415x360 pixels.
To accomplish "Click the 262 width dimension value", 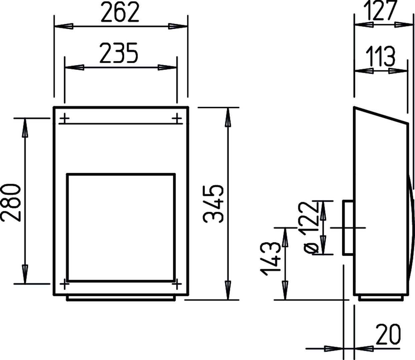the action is coord(120,12).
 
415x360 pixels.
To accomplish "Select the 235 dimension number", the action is coord(119,53).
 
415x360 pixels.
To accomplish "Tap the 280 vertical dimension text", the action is coord(11,202).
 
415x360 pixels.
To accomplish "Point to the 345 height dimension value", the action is coord(213,203).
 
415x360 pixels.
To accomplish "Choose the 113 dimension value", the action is coord(381,56).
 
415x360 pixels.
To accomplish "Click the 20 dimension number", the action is coord(388,334).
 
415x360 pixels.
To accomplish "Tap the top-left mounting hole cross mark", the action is coord(65,118).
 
